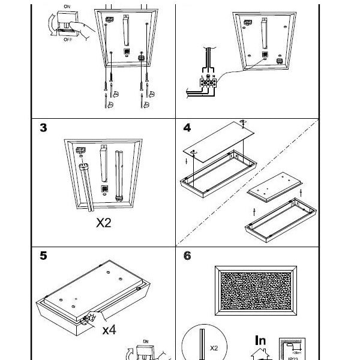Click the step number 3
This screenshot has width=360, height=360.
43,128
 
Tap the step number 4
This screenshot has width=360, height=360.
187,128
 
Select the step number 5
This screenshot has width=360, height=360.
43,256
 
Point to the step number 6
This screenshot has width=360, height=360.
187,256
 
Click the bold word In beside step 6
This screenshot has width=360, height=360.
260,340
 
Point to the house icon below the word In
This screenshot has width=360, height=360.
260,354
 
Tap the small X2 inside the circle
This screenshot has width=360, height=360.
214,347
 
